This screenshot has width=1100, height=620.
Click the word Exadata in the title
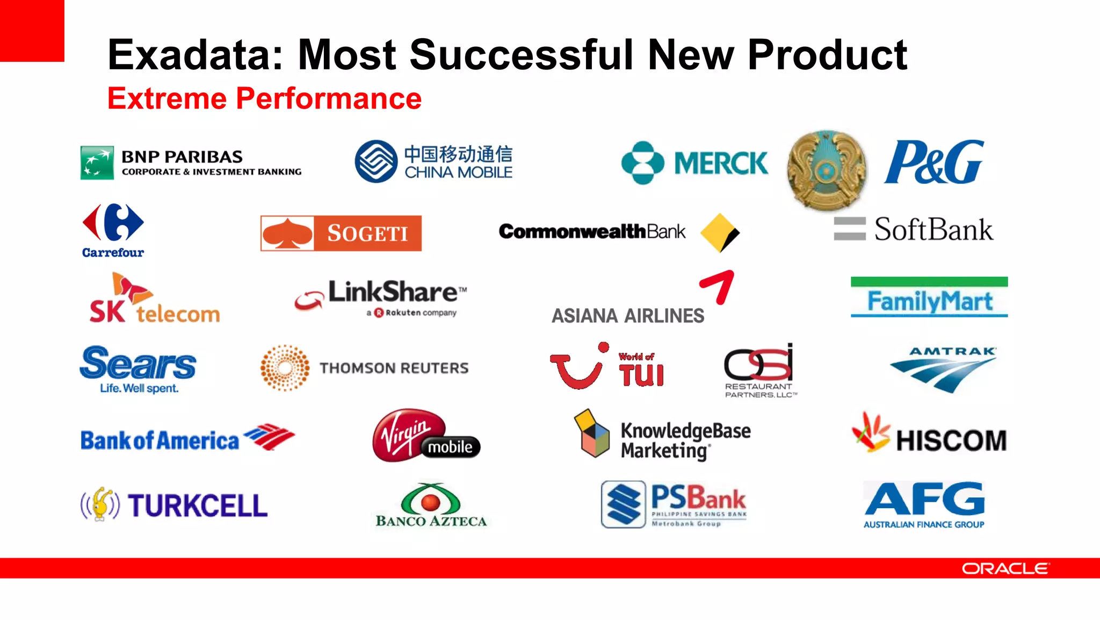pyautogui.click(x=194, y=55)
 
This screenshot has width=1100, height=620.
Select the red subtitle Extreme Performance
pyautogui.click(x=264, y=98)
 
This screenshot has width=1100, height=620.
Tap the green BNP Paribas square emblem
pyautogui.click(x=97, y=162)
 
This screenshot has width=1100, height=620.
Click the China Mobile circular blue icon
pyautogui.click(x=376, y=161)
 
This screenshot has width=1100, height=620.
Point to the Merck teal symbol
pyautogui.click(x=642, y=163)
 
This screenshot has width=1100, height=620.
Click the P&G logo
pyautogui.click(x=934, y=162)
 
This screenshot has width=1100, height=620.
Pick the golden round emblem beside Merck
pyautogui.click(x=826, y=169)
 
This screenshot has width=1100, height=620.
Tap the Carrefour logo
pyautogui.click(x=113, y=230)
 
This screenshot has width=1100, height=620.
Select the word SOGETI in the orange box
pyautogui.click(x=368, y=233)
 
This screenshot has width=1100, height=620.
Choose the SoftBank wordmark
pyautogui.click(x=933, y=230)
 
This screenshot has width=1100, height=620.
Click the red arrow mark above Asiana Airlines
pyautogui.click(x=719, y=286)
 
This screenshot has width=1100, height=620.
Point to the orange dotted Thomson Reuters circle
pyautogui.click(x=285, y=368)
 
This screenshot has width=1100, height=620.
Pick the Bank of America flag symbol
pyautogui.click(x=270, y=437)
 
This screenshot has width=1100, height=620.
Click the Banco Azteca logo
pyautogui.click(x=431, y=505)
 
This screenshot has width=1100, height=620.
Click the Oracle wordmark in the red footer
pyautogui.click(x=1004, y=568)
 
